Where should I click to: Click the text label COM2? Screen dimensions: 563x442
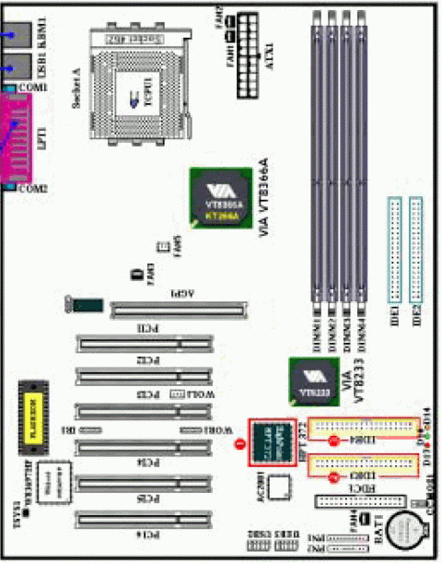coord(34,189)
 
